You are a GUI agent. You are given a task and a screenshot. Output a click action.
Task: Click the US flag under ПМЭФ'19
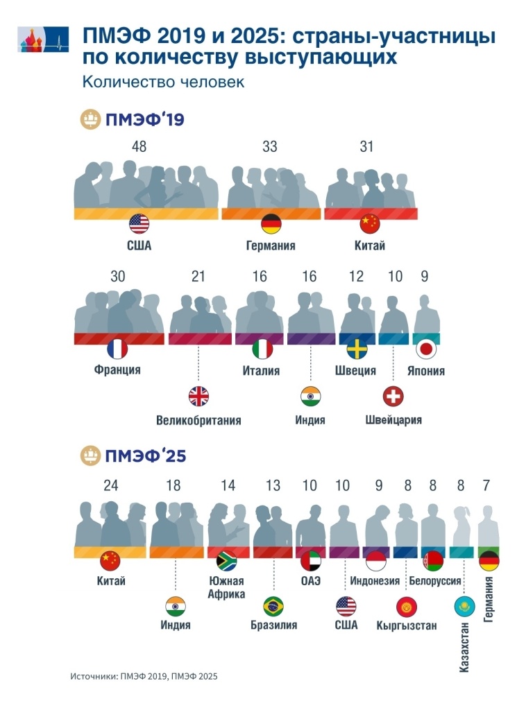139,223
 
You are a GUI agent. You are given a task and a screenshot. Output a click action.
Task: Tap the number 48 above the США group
139,146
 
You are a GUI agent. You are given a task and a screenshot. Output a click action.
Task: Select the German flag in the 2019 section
271,223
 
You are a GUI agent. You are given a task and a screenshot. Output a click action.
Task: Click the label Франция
117,370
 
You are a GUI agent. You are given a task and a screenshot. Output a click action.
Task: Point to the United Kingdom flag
198,396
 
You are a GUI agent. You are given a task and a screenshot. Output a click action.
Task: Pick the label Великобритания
198,420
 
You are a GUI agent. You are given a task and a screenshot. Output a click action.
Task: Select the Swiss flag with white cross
393,396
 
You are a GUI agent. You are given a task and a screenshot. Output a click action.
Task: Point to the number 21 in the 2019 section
198,277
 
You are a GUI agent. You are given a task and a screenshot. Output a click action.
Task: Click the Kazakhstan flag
462,607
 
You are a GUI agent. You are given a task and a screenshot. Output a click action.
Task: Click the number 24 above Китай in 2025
110,486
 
